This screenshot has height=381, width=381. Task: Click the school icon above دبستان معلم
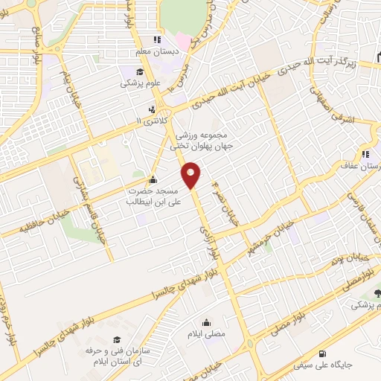click(156, 39)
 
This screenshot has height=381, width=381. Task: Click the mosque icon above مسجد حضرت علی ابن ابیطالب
click(153, 179)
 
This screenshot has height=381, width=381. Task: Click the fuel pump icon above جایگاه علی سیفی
click(321, 354)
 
